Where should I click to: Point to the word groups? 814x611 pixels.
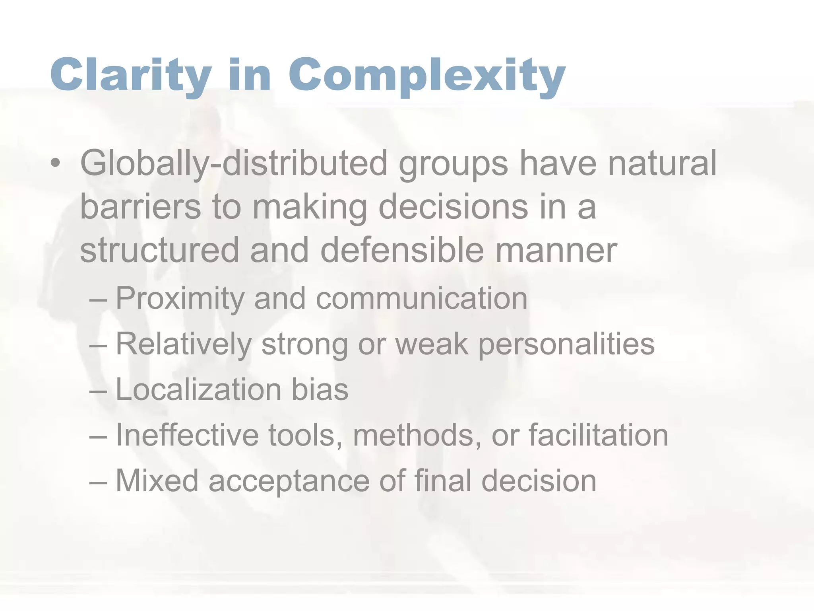click(453, 164)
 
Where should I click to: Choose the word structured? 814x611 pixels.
click(159, 251)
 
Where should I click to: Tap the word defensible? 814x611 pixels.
click(402, 251)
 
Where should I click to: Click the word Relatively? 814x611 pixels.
click(183, 344)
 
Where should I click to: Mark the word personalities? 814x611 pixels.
click(566, 344)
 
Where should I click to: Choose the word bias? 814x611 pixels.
click(320, 389)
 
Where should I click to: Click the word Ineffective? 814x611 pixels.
click(187, 435)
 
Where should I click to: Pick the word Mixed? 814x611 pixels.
click(157, 481)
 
